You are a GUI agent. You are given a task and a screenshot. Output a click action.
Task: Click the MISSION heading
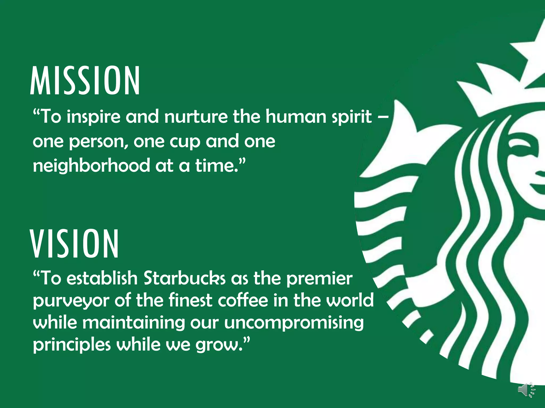[85, 81]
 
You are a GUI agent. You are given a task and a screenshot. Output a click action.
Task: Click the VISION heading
[75, 244]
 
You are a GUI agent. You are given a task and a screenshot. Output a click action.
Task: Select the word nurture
[196, 117]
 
